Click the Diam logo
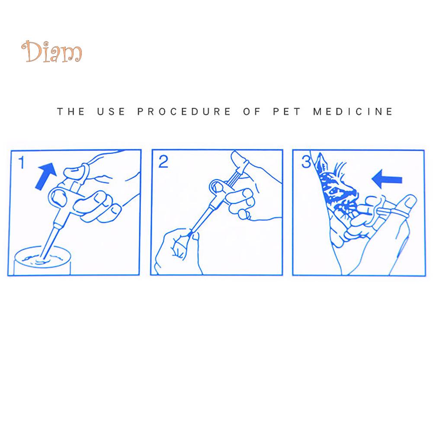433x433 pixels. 51,51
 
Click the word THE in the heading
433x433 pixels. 71,111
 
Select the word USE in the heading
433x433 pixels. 111,111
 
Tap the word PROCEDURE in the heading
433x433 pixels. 184,111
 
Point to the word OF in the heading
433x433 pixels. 252,111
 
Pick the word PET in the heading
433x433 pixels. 287,111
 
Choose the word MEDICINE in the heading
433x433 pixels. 353,111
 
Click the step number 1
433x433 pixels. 22,162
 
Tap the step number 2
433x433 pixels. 163,162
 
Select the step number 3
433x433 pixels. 306,162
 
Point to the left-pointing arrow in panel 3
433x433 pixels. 387,179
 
